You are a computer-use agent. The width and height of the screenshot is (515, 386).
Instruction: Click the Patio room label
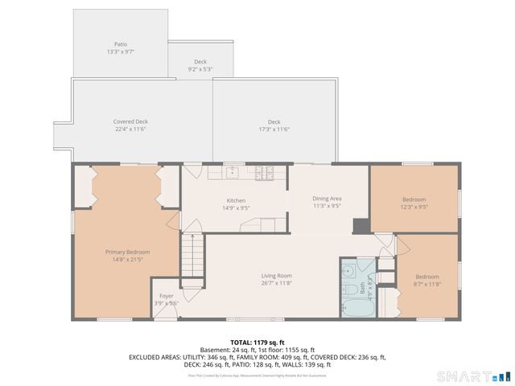121,47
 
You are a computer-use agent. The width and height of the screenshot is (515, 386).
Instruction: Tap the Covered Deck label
130,125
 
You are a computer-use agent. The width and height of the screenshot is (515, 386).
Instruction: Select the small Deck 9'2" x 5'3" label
200,65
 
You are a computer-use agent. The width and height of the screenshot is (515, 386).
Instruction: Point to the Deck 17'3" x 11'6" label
274,125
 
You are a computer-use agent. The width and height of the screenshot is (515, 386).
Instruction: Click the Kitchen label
235,203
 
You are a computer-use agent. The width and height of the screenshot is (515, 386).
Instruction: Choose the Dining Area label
328,201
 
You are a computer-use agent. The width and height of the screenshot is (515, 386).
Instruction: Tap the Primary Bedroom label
127,255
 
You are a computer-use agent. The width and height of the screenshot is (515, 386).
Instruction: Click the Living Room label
276,278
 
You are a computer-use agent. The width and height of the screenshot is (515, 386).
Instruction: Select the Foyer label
166,298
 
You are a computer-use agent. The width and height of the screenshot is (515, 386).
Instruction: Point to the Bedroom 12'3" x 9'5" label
414,202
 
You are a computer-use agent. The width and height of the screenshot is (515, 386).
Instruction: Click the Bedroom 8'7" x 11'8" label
427,279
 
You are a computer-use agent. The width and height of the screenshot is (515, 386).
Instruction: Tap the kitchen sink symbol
231,171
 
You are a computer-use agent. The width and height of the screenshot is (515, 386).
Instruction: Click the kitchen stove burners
263,171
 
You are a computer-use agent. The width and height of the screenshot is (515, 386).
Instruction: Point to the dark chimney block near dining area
361,226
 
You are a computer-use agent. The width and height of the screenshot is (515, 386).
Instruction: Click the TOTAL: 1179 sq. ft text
257,342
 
